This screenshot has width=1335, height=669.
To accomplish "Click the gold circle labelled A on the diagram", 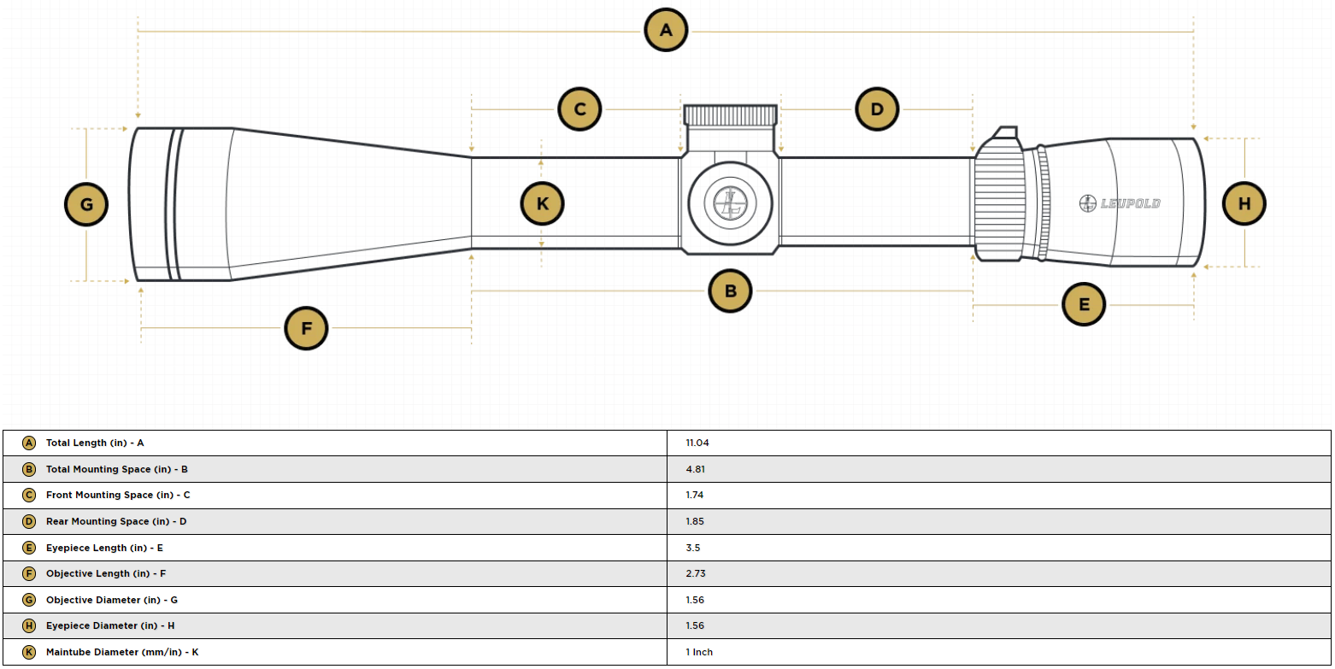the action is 666,30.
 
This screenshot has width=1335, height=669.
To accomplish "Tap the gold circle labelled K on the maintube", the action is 543,203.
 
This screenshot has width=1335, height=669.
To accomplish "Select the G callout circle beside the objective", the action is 86,204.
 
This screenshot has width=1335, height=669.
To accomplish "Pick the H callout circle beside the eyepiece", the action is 1244,203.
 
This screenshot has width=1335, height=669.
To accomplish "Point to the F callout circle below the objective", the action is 306,328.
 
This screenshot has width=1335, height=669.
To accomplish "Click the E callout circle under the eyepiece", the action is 1084,304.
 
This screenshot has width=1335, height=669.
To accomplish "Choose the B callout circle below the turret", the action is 730,291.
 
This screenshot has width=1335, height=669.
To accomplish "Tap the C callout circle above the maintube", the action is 579,109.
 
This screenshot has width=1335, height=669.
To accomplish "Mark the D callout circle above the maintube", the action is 877,109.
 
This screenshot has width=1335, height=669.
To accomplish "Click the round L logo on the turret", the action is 730,203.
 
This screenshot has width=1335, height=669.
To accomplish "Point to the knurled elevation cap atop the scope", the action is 730,115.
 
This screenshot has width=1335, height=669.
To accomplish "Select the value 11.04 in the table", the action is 697,443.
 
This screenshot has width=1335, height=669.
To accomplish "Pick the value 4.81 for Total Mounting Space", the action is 695,469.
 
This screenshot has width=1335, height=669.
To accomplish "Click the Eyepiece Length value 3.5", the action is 692,548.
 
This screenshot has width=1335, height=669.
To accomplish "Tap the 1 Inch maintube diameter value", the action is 699,652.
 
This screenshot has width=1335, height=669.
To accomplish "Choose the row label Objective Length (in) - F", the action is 106,573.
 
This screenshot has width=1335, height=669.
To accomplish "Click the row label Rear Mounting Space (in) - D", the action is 116,521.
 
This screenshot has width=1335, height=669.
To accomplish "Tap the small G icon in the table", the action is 28,600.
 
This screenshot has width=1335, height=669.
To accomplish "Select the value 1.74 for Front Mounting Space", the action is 694,495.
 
